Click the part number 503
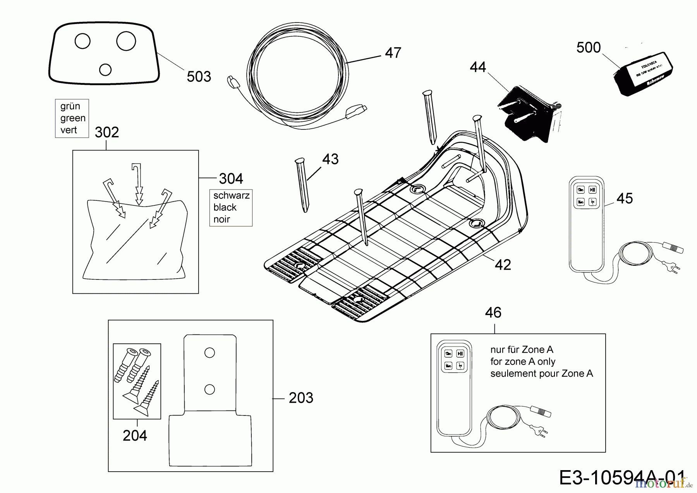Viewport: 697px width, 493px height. click(x=199, y=77)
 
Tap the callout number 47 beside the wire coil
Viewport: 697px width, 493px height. click(x=393, y=53)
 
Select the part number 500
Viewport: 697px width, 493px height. click(x=588, y=48)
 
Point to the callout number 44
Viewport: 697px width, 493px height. click(x=477, y=67)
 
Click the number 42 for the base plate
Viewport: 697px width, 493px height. click(x=503, y=265)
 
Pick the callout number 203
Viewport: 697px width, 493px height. click(x=301, y=398)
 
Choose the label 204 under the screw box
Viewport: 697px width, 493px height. click(x=135, y=436)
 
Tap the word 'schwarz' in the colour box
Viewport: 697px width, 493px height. click(x=231, y=195)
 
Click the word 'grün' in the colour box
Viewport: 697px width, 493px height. click(x=70, y=106)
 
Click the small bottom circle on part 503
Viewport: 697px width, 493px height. click(x=105, y=70)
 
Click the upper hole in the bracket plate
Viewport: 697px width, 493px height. click(x=209, y=352)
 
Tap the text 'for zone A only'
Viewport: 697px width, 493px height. click(x=523, y=362)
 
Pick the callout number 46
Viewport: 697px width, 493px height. click(x=493, y=313)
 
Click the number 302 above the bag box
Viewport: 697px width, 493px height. click(x=107, y=133)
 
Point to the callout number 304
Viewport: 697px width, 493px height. click(x=231, y=179)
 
